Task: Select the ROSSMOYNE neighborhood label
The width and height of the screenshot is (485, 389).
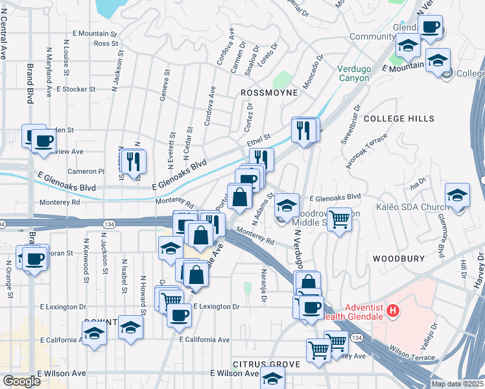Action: point(268,93)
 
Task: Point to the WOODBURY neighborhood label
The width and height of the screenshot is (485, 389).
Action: point(399,258)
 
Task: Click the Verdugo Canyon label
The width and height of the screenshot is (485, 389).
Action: point(353,73)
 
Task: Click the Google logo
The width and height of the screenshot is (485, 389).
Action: point(21,381)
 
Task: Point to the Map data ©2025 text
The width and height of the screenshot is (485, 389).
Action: point(458,384)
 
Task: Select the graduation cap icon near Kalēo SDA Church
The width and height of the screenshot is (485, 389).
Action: point(457,195)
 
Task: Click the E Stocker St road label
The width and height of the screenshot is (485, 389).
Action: point(76,89)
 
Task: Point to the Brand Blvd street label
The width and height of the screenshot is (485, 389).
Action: point(30,84)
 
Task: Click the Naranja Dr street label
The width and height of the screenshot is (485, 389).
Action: point(264,285)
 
